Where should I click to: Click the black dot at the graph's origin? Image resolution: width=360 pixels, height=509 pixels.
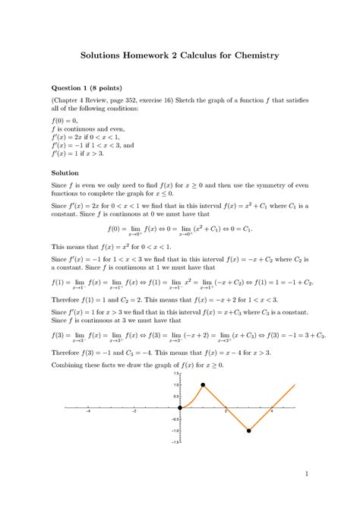(x=179, y=408)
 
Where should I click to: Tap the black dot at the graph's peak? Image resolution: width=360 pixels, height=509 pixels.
(x=203, y=385)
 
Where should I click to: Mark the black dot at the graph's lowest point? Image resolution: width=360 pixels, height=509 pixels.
(x=249, y=431)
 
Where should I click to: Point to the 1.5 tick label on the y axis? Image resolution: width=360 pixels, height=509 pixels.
(x=174, y=374)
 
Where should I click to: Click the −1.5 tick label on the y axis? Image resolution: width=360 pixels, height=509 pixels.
(x=173, y=442)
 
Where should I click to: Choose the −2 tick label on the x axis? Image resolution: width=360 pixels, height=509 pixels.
(x=134, y=413)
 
